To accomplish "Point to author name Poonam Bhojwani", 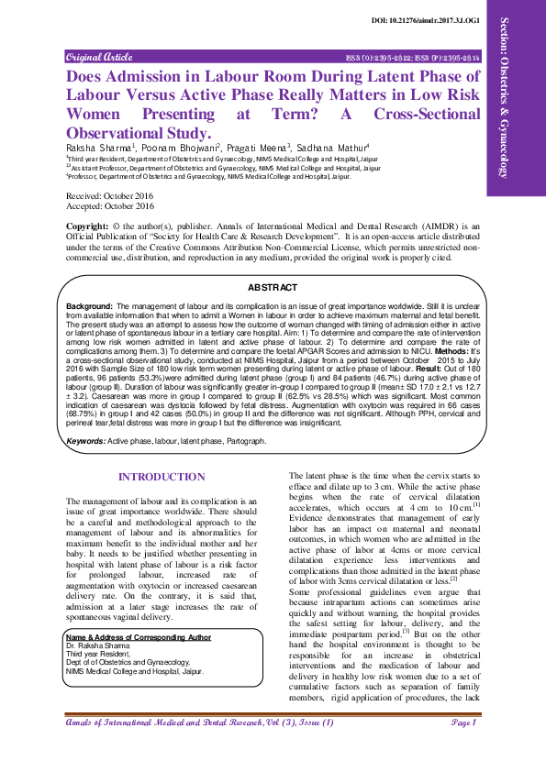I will pos(181,148).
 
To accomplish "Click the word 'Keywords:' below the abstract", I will pos(86,441).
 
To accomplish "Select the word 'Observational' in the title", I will pos(120,134).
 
